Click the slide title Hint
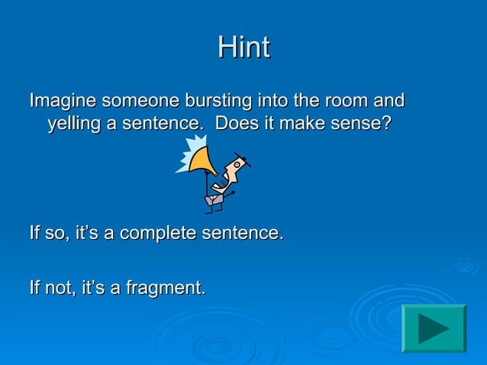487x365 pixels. [x=243, y=47]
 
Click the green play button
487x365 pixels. [x=434, y=328]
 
